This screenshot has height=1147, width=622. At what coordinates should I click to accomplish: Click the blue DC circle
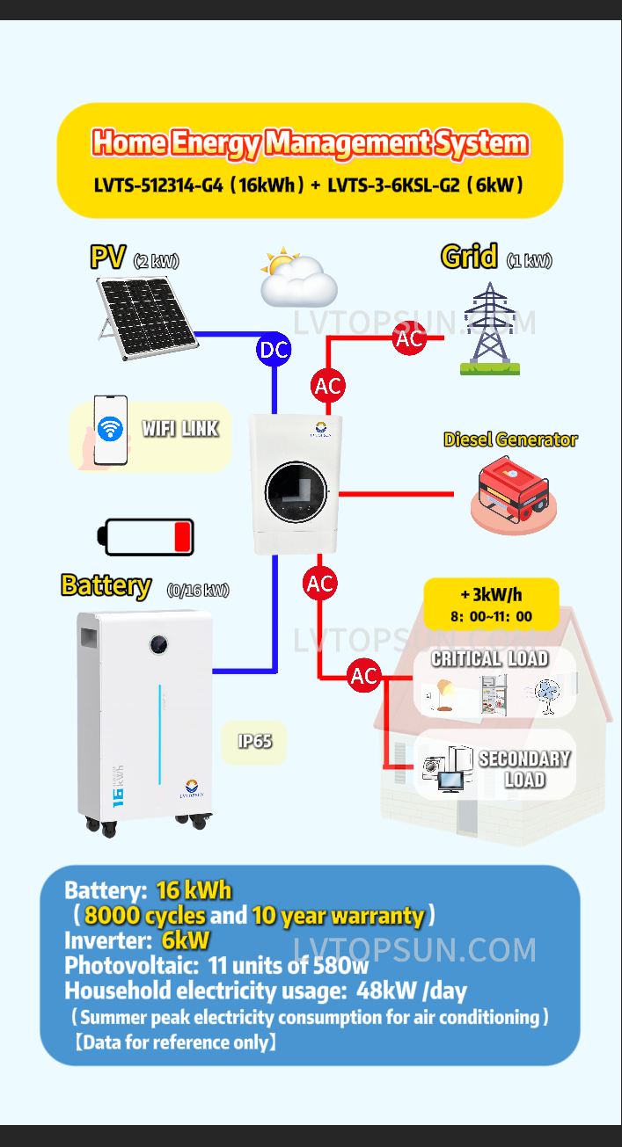pyautogui.click(x=274, y=350)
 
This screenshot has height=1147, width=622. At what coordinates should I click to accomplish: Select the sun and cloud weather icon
pyautogui.click(x=297, y=276)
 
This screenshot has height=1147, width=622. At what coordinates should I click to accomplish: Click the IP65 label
pyautogui.click(x=254, y=741)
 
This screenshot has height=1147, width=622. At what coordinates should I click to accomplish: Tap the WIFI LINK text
pyautogui.click(x=180, y=429)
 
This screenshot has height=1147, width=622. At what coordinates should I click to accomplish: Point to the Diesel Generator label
pyautogui.click(x=510, y=439)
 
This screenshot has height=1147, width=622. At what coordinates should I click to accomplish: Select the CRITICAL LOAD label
pyautogui.click(x=489, y=658)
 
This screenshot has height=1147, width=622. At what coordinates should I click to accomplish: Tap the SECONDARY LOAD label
pyautogui.click(x=524, y=769)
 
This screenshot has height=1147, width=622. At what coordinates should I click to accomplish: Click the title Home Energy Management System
pyautogui.click(x=310, y=142)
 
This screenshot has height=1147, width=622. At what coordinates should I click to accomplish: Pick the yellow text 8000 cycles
pyautogui.click(x=145, y=915)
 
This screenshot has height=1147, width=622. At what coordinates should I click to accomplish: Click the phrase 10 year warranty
pyautogui.click(x=338, y=915)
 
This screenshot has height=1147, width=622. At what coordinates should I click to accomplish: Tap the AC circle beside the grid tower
pyautogui.click(x=409, y=338)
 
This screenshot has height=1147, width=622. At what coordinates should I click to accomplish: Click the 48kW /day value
pyautogui.click(x=412, y=991)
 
